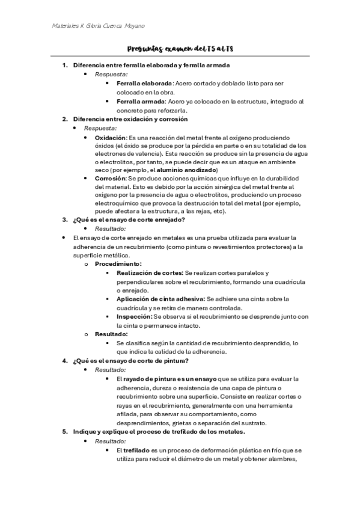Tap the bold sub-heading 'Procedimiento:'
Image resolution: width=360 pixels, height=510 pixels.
[x=118, y=264]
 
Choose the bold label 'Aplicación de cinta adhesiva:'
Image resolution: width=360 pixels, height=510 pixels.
[x=160, y=299]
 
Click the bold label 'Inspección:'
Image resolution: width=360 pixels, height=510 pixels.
[x=134, y=316]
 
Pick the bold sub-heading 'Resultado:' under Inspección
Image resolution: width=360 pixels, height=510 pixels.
[x=111, y=334]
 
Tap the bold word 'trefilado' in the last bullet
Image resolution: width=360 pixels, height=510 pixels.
[x=136, y=450]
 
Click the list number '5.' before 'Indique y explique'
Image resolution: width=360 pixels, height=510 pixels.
[x=66, y=432]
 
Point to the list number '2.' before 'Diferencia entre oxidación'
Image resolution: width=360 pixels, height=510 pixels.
[x=66, y=119]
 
